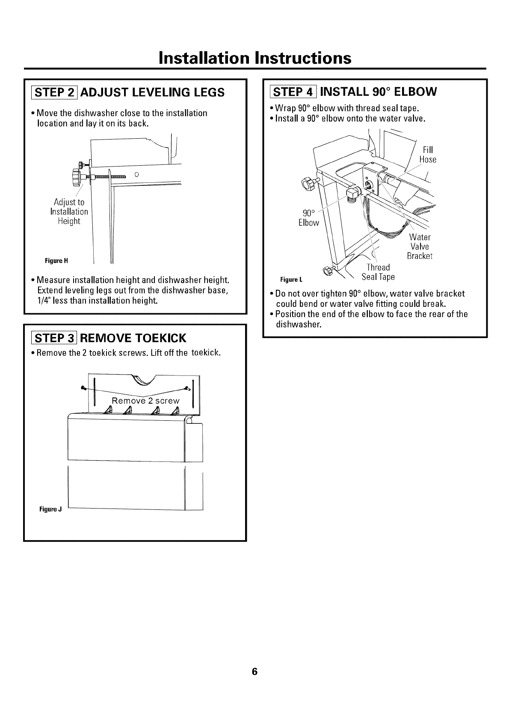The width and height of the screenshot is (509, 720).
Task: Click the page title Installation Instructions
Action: [x=254, y=58]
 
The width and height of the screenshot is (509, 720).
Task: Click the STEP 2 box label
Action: [x=54, y=92]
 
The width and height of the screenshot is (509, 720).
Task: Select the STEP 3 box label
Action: [x=54, y=338]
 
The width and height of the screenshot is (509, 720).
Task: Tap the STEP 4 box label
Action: [x=294, y=92]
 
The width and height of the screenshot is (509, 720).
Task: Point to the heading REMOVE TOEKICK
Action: [x=133, y=338]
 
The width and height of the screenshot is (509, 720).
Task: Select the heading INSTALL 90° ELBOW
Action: [x=378, y=92]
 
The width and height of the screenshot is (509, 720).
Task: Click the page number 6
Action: [x=254, y=671]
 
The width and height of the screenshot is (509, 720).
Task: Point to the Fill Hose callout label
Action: [x=427, y=155]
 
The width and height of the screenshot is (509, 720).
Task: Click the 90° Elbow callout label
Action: [x=308, y=217]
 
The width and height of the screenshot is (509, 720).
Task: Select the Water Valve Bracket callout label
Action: [x=420, y=247]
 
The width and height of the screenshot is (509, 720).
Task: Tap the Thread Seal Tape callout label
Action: [x=378, y=272]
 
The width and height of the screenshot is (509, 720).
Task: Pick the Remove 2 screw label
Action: [x=145, y=401]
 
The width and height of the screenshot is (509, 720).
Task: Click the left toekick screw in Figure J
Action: [x=83, y=387]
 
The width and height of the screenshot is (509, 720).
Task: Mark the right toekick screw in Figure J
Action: [x=187, y=388]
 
